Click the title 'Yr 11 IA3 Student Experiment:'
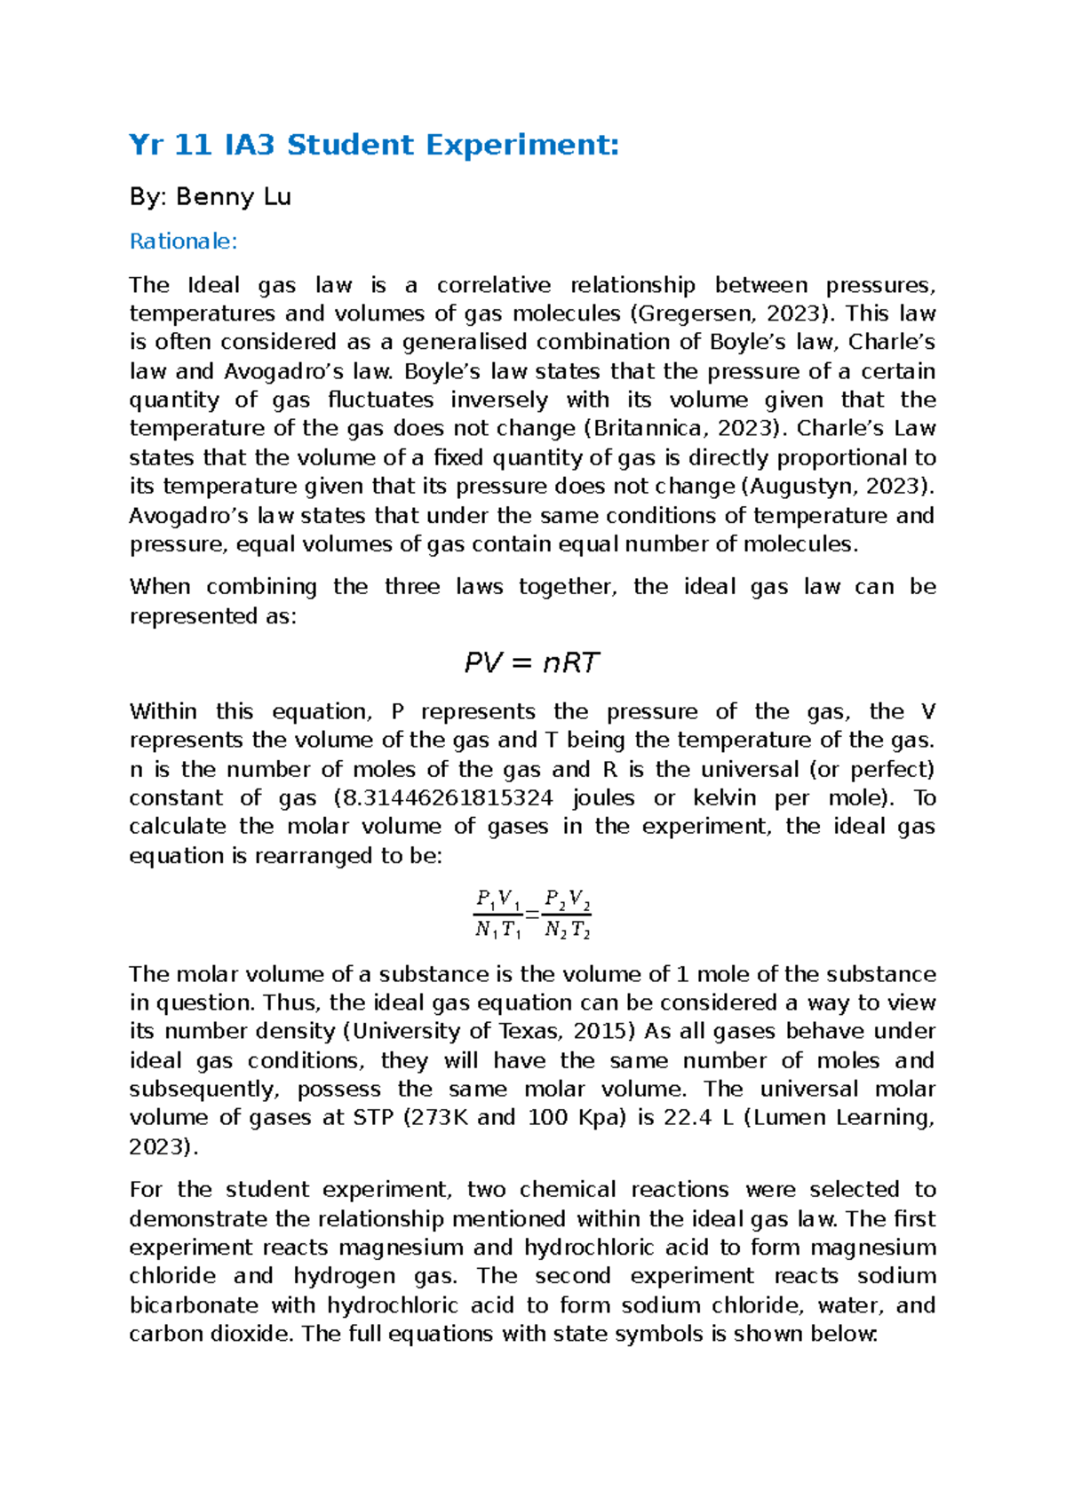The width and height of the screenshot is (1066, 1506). [373, 144]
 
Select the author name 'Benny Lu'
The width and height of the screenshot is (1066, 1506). [234, 196]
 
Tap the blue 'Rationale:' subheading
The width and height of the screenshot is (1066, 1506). [183, 241]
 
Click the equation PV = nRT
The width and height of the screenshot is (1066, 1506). [532, 662]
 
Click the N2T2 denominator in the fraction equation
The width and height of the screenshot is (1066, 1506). [568, 931]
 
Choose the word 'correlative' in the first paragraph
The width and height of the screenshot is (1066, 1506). [493, 285]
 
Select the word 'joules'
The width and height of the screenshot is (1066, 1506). [603, 797]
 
